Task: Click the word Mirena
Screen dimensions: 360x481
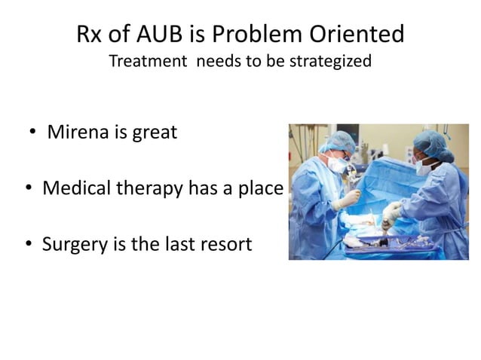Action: [x=77, y=133]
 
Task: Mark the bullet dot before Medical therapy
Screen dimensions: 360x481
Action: [x=27, y=188]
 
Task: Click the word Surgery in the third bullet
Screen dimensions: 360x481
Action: [x=74, y=243]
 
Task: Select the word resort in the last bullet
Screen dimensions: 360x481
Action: [x=224, y=243]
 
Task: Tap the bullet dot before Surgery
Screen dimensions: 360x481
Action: [x=27, y=244]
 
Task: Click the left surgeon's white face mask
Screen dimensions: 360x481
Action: [x=337, y=163]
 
